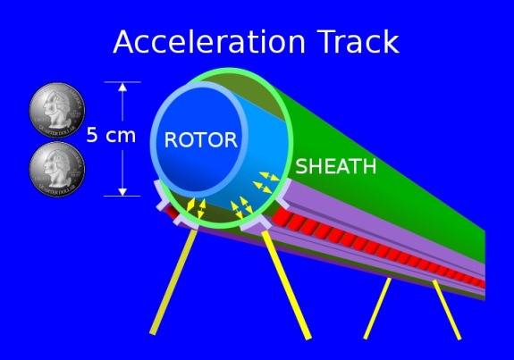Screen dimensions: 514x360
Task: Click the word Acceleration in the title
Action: [209, 42]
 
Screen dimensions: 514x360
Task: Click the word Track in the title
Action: [358, 41]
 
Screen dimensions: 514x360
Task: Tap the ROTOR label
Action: [201, 140]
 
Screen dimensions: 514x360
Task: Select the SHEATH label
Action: [336, 166]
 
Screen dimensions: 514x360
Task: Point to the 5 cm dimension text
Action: [111, 135]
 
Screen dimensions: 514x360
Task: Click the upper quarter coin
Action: [57, 110]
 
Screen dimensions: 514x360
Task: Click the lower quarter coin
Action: [57, 169]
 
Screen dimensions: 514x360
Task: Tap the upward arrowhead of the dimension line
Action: [122, 87]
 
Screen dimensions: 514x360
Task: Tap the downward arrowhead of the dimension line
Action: [122, 192]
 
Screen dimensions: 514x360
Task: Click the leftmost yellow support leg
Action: [173, 281]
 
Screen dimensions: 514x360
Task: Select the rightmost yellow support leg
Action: [447, 310]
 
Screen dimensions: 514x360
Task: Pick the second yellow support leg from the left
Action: [286, 285]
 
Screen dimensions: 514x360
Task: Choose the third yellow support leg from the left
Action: [377, 308]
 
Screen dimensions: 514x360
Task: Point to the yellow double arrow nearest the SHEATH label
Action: [269, 177]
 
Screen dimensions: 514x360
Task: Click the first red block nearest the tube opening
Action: [282, 217]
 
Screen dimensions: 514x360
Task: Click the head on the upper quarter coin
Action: [56, 109]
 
